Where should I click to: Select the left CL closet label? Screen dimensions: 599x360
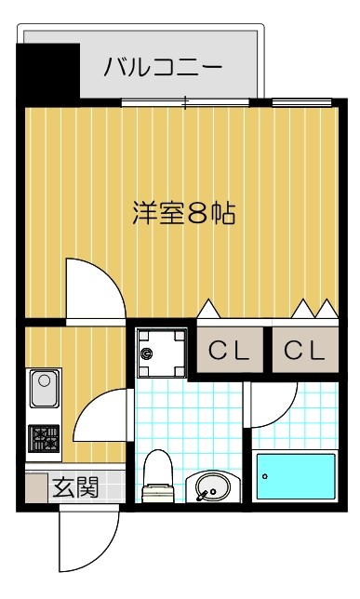tap(229, 351)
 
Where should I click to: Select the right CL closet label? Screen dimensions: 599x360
tap(305, 351)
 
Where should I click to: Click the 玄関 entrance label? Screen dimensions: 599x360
tap(74, 486)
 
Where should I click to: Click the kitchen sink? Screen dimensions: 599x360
tap(44, 389)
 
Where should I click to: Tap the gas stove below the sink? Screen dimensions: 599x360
tap(44, 439)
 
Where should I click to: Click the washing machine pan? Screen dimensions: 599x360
tap(162, 352)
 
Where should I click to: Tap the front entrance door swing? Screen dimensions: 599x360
tap(88, 539)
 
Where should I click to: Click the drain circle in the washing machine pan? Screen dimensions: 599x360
tap(147, 353)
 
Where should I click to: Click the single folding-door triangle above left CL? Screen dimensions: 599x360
tap(209, 308)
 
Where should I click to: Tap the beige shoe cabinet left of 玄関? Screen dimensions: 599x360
tap(35, 487)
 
